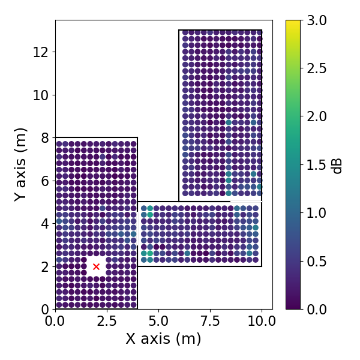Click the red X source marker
pyautogui.click(x=96, y=266)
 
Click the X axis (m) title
pyautogui.click(x=163, y=339)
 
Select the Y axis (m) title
pyautogui.click(x=21, y=164)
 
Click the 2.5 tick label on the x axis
pyautogui.click(x=107, y=321)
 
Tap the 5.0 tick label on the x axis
pyautogui.click(x=158, y=321)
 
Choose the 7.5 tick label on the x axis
pyautogui.click(x=210, y=321)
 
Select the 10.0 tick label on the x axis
pyautogui.click(x=262, y=321)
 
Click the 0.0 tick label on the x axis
pyautogui.click(x=55, y=321)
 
